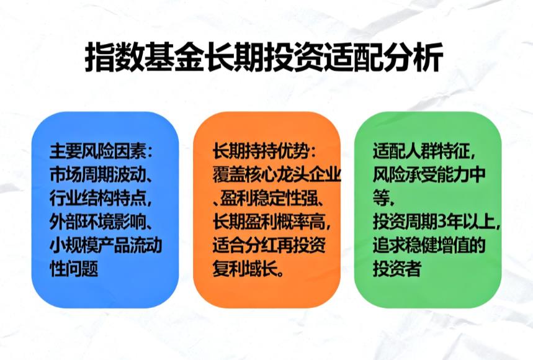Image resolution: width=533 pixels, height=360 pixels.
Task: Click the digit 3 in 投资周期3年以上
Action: pos(445,221)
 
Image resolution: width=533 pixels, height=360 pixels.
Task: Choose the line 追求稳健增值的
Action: pos(429,245)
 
